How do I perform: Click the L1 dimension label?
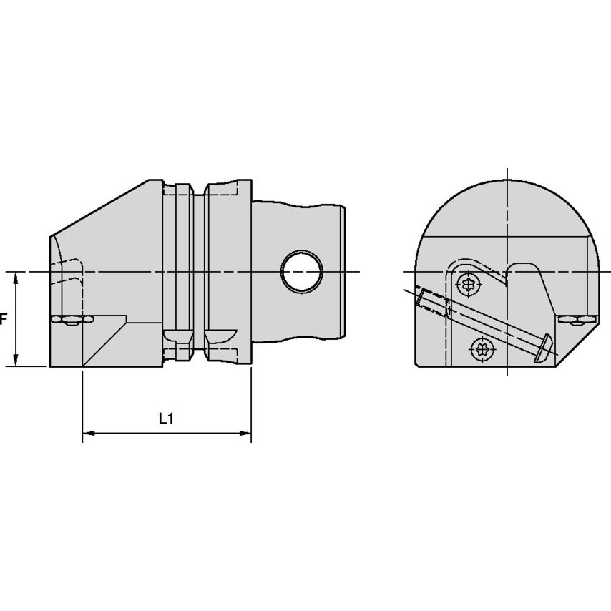(166, 419)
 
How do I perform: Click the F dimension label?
(3, 319)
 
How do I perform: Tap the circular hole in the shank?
(301, 272)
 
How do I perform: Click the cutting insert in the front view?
(576, 319)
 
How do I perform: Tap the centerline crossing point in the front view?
(507, 272)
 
